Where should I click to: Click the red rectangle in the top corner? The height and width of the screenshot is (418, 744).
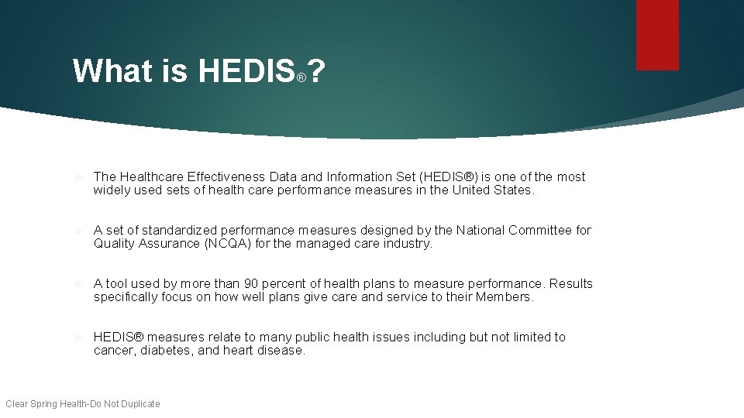click(657, 35)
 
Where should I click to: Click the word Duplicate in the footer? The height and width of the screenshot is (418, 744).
click(140, 403)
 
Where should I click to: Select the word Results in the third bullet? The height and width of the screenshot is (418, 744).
click(570, 284)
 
